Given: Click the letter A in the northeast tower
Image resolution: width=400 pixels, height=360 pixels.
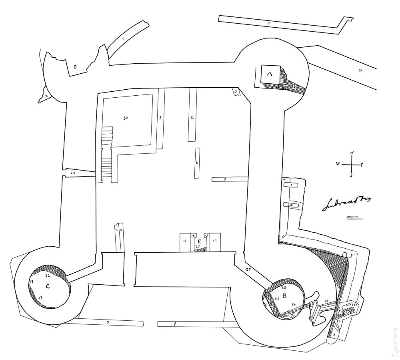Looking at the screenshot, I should (269, 74).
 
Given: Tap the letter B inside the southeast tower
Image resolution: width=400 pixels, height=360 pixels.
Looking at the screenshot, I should (284, 296).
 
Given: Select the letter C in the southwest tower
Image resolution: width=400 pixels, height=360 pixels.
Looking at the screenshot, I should (48, 286).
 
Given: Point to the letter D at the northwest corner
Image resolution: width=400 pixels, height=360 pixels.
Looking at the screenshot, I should (75, 67).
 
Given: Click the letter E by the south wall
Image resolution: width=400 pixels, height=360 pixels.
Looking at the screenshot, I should (199, 241).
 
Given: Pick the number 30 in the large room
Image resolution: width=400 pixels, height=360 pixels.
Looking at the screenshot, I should (126, 118).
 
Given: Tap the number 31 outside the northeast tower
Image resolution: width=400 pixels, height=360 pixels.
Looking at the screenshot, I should (360, 70).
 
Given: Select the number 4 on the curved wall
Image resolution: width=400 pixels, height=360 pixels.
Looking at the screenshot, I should (123, 39).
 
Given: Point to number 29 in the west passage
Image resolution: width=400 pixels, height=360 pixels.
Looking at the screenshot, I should (73, 173).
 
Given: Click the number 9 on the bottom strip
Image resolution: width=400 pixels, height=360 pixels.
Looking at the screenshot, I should (107, 322).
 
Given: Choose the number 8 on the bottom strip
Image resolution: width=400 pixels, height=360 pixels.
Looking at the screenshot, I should (174, 324).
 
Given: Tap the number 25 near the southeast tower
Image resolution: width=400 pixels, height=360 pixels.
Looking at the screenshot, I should (248, 270).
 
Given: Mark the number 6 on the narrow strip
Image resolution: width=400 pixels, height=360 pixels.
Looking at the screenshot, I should (197, 163).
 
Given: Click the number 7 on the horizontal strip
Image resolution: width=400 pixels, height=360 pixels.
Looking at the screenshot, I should (225, 179).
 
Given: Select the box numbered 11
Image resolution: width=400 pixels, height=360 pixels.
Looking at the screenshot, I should (185, 241).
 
